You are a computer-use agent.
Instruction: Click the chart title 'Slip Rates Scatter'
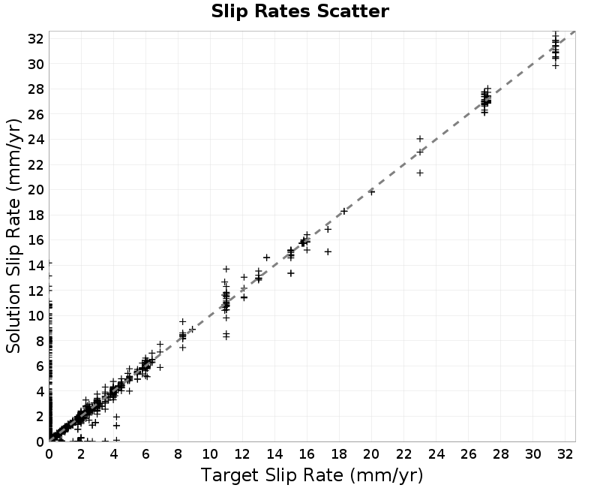300,11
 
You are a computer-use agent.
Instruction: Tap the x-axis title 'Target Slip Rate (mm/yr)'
312,475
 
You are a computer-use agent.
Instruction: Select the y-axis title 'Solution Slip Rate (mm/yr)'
13,236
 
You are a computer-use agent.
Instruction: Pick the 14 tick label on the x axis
274,454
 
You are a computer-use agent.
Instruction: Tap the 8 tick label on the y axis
40,341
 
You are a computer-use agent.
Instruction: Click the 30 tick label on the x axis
532,454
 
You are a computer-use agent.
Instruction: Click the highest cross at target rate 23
420,139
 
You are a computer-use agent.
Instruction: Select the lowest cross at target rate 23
420,173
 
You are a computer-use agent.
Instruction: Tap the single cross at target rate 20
371,192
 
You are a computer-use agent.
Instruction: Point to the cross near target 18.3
344,211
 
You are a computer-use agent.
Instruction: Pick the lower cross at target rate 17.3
328,252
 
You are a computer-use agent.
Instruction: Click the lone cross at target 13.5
267,258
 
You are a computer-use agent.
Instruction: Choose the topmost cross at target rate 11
226,269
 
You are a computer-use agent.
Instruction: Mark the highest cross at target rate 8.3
182,321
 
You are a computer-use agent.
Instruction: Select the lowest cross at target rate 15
291,273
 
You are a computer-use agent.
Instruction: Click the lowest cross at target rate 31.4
555,65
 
